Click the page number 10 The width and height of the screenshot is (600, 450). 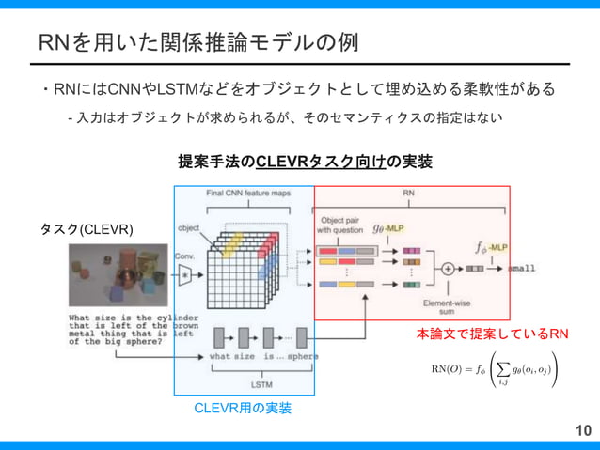[583, 430]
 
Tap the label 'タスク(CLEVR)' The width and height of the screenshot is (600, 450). [86, 229]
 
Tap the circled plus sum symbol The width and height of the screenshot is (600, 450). [448, 268]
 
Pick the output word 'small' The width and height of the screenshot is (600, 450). [522, 268]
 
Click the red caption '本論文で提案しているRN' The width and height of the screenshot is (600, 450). [492, 334]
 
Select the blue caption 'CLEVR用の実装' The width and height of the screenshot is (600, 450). [243, 408]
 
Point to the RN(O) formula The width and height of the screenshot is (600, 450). [494, 368]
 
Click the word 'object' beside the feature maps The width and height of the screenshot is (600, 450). [189, 227]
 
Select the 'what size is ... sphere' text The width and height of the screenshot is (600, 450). [263, 357]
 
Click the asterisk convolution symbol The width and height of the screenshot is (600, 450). [185, 274]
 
